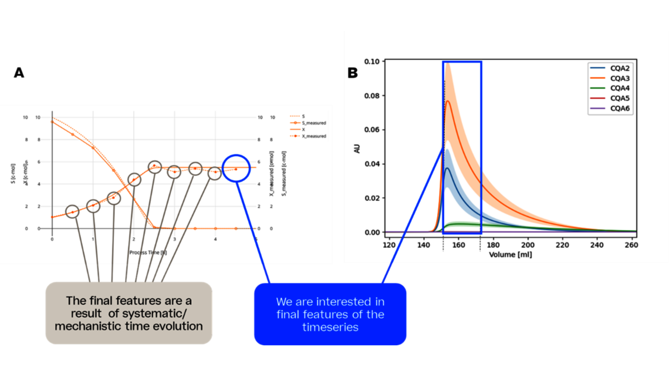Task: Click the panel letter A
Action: (x=19, y=73)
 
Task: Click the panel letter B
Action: (x=353, y=73)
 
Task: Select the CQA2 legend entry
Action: (x=620, y=68)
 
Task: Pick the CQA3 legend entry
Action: (x=620, y=78)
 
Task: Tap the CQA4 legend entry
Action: (x=620, y=88)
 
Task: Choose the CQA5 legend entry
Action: (x=620, y=98)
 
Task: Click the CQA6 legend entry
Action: (x=620, y=108)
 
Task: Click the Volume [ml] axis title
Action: (x=510, y=255)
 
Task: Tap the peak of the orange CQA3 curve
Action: (x=448, y=101)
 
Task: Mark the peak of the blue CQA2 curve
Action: (x=447, y=169)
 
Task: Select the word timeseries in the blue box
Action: (x=330, y=327)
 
